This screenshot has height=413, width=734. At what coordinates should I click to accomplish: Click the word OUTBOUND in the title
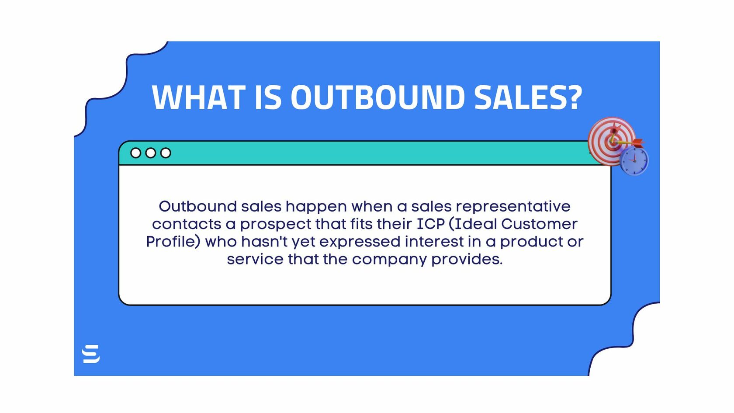pyautogui.click(x=378, y=97)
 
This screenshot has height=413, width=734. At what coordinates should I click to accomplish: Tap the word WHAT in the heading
pyautogui.click(x=199, y=97)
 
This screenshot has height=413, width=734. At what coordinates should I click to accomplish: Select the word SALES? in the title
pyautogui.click(x=528, y=97)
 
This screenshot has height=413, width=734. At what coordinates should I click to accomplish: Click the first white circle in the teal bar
pyautogui.click(x=135, y=153)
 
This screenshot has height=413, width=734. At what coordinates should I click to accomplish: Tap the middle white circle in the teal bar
pyautogui.click(x=151, y=153)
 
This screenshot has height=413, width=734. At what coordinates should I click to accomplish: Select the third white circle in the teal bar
pyautogui.click(x=166, y=153)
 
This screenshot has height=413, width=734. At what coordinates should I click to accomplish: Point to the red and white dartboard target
pyautogui.click(x=612, y=141)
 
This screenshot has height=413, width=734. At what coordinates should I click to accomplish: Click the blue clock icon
pyautogui.click(x=634, y=161)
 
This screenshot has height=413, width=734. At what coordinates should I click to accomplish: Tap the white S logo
pyautogui.click(x=91, y=354)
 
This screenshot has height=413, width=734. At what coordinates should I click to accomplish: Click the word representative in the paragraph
pyautogui.click(x=513, y=207)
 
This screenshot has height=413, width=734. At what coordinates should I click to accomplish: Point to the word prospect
pyautogui.click(x=276, y=225)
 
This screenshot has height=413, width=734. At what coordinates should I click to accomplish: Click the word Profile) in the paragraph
pyautogui.click(x=173, y=242)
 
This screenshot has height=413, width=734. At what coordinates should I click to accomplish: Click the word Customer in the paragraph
pyautogui.click(x=539, y=224)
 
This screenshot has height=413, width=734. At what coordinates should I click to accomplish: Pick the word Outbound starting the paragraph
pyautogui.click(x=198, y=207)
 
